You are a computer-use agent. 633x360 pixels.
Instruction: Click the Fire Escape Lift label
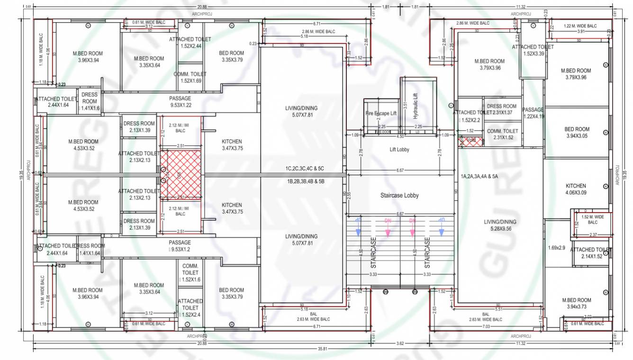tap(381, 113)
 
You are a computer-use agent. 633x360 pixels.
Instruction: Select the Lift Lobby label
tap(399, 150)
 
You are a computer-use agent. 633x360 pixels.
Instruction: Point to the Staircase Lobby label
tap(399, 195)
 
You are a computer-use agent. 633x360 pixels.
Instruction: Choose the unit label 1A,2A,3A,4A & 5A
tap(479, 176)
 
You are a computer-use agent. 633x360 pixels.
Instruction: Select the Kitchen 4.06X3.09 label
tap(576, 189)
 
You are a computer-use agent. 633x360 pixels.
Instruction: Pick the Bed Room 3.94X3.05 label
tap(577, 132)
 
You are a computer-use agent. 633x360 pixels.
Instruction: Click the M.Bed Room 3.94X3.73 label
tap(576, 303)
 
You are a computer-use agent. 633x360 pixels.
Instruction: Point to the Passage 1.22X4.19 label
tap(533, 113)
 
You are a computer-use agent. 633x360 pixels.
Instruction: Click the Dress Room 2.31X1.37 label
tap(502, 109)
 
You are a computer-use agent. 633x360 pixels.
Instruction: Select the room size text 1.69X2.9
tap(556, 248)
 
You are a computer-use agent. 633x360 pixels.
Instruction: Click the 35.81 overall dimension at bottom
tap(322, 349)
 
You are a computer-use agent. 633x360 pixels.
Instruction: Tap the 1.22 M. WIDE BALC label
tap(580, 26)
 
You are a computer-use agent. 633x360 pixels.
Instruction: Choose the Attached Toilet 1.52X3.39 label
tap(533, 50)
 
